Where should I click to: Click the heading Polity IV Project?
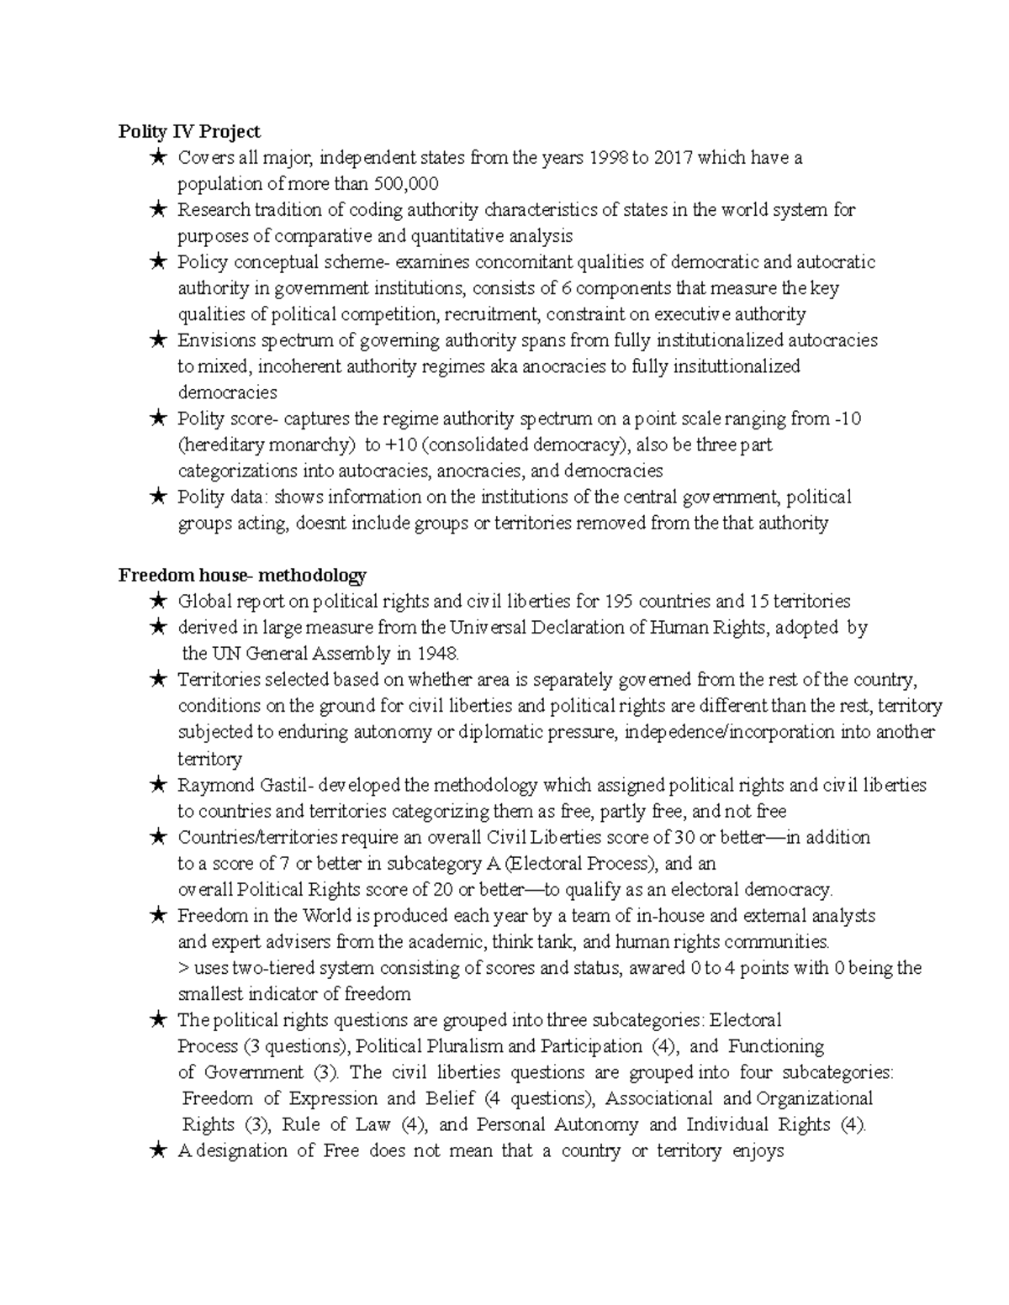(189, 131)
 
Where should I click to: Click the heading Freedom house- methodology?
(242, 575)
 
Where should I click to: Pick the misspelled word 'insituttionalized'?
(726, 366)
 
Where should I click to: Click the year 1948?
(436, 653)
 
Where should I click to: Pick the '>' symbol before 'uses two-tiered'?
(183, 968)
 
